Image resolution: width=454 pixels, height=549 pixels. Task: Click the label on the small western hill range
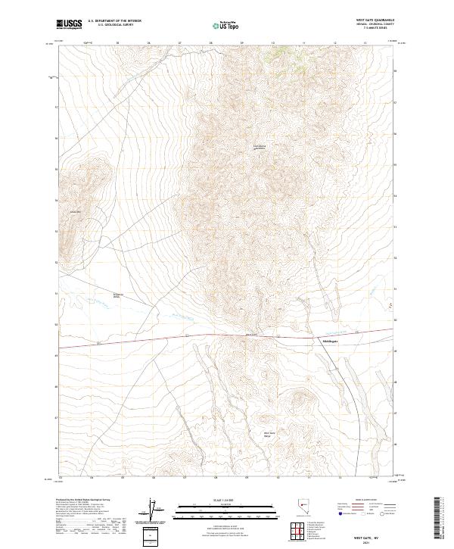tap(75, 211)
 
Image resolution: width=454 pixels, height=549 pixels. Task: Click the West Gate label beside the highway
tap(252, 335)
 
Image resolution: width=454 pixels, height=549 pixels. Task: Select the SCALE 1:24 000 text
tap(227, 500)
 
